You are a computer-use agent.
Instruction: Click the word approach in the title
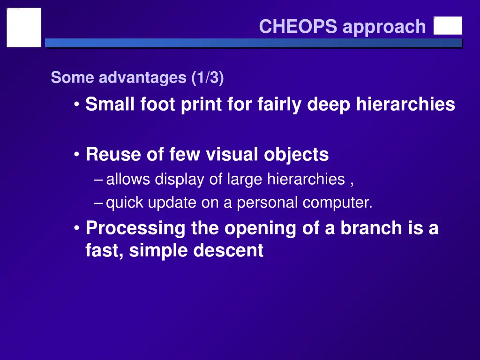tap(384, 27)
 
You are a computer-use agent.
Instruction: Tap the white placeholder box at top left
tap(24, 27)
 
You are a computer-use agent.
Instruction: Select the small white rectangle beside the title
tap(448, 26)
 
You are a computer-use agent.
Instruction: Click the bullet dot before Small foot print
tap(76, 105)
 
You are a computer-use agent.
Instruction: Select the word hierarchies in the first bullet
tap(405, 104)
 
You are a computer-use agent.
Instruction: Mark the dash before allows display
tap(98, 180)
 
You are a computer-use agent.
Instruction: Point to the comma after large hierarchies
tap(352, 180)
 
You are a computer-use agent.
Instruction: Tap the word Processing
tap(135, 228)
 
